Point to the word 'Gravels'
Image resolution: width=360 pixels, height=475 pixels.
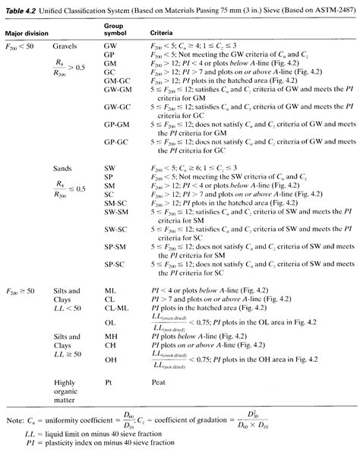coord(65,47)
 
